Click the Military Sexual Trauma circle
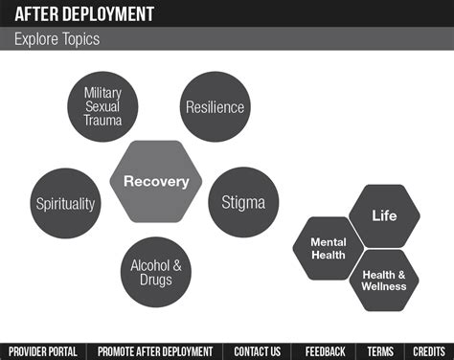(102, 106)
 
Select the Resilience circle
(215, 106)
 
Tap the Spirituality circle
(65, 203)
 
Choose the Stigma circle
(243, 202)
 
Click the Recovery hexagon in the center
(156, 181)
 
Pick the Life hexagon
(384, 215)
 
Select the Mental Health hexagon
(329, 248)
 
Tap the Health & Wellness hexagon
(383, 281)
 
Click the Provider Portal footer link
(44, 350)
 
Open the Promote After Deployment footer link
(155, 350)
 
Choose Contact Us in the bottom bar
(257, 350)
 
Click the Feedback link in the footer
(325, 350)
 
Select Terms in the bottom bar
(379, 350)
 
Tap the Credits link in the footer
(428, 350)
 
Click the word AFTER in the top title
(34, 12)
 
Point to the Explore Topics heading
(57, 39)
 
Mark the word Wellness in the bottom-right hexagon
(384, 286)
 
